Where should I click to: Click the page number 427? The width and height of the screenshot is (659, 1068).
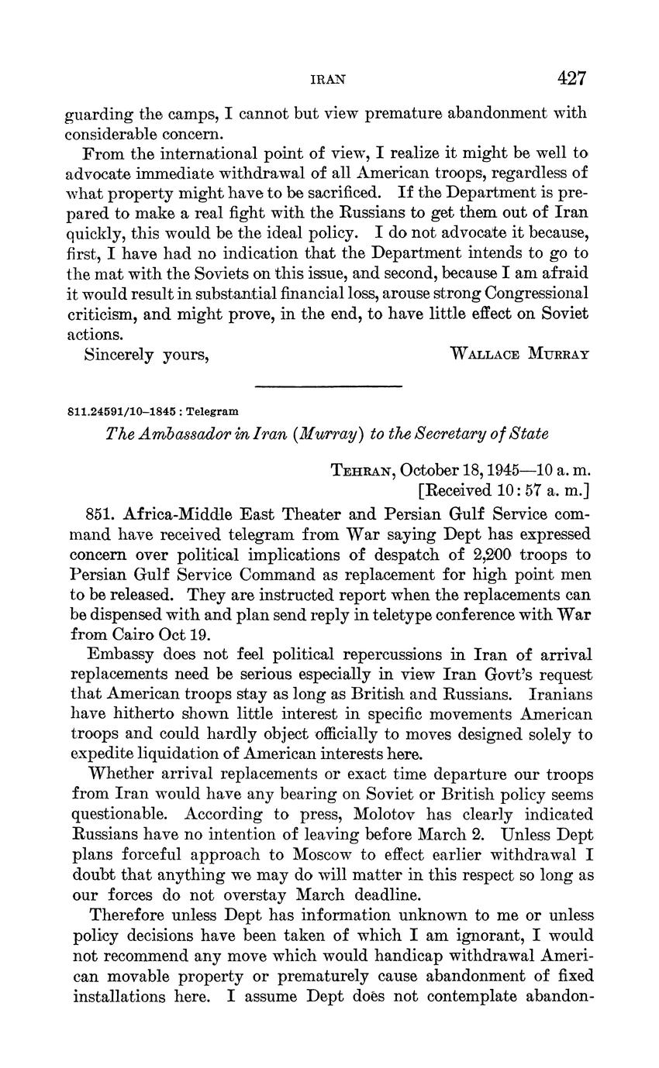(x=571, y=78)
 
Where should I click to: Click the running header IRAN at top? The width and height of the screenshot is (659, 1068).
(x=328, y=79)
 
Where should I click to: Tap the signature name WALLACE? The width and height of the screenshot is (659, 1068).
(x=485, y=354)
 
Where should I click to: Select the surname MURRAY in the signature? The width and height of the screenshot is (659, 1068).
(x=558, y=354)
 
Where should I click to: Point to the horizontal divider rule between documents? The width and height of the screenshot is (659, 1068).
(x=328, y=386)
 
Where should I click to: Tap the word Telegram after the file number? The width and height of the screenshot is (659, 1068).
(x=212, y=411)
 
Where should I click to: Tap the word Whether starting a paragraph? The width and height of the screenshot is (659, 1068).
(x=119, y=774)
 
